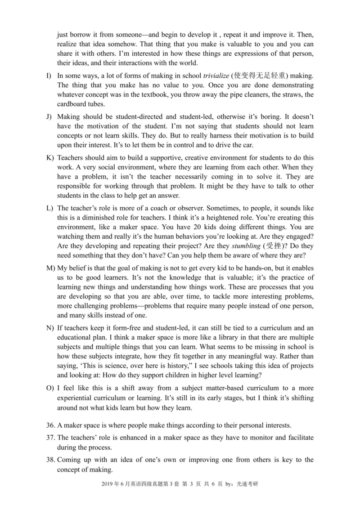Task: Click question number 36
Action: tap(51, 425)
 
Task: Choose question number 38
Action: tap(51, 460)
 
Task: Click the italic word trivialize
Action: tap(218, 76)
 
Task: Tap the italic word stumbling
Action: tap(245, 246)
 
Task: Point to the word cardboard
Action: tap(71, 104)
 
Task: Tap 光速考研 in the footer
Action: tap(247, 485)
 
